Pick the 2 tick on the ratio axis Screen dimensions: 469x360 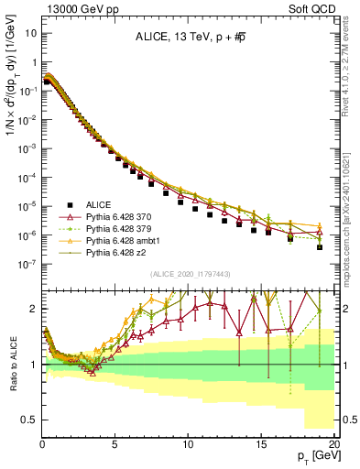pyautogui.click(x=33, y=309)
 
